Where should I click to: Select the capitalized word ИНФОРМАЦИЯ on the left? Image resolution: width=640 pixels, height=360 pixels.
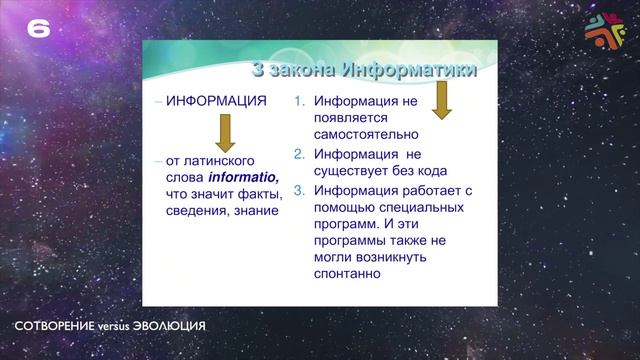tap(216, 102)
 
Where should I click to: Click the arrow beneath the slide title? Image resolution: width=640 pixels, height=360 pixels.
tap(441, 98)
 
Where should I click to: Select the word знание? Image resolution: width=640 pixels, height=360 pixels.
tap(251, 211)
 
